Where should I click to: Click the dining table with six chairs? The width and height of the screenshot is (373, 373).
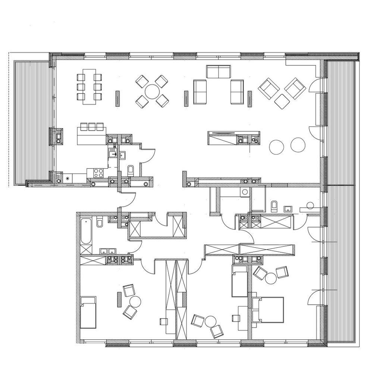89,85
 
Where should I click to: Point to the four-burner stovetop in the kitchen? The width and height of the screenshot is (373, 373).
98,173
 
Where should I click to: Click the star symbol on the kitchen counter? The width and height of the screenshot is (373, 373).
67,179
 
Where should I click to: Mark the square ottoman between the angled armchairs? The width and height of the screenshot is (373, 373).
282,101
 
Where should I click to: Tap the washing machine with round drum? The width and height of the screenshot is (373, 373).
244,192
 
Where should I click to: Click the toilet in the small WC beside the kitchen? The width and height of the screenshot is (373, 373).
130,171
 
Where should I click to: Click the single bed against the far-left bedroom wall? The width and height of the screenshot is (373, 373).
88,312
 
